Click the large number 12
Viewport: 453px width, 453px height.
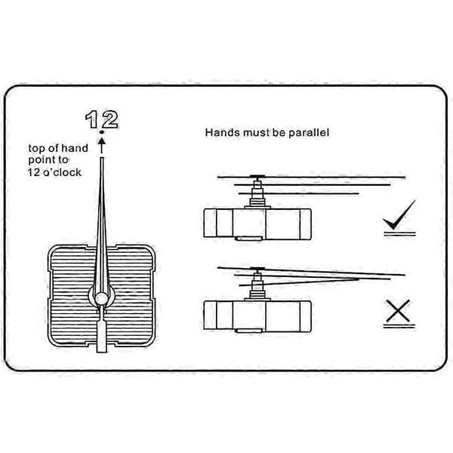pos(102,119)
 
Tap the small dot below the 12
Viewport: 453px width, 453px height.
pos(101,132)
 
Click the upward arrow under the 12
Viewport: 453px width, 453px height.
pos(101,145)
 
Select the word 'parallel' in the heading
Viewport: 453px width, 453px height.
pos(309,133)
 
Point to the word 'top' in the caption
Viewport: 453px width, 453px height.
pos(37,149)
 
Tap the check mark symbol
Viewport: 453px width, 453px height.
pos(399,215)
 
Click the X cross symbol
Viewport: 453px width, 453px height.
pos(398,311)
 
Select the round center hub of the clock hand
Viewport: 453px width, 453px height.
pos(101,298)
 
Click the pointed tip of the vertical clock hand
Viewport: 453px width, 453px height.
pos(102,158)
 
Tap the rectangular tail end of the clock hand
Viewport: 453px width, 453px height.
pos(101,337)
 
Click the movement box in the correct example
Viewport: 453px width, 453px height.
pos(257,224)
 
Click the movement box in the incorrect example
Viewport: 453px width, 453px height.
pos(257,316)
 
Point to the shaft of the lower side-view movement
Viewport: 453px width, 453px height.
pos(257,285)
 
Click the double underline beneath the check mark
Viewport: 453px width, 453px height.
pos(400,234)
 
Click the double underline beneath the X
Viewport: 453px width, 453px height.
pos(399,326)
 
